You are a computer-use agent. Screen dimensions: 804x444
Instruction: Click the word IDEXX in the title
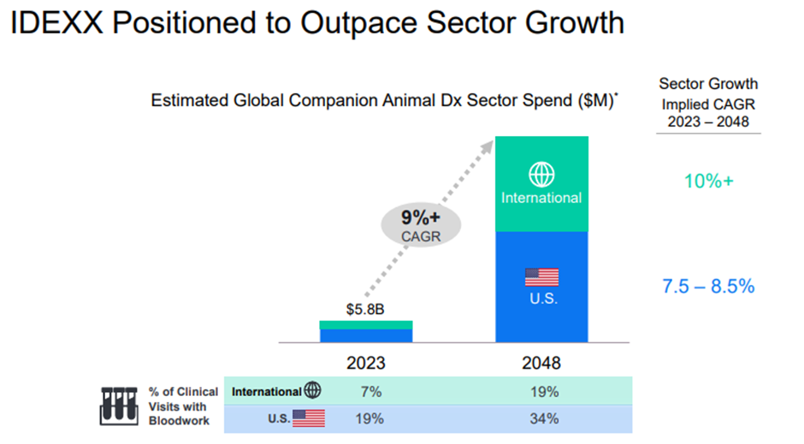click(56, 23)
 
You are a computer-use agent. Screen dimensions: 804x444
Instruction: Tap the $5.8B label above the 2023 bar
click(365, 309)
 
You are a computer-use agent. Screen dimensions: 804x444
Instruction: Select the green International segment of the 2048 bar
click(541, 184)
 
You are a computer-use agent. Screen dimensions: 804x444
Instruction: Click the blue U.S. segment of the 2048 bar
click(541, 287)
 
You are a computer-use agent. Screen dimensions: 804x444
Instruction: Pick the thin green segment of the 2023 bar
click(366, 325)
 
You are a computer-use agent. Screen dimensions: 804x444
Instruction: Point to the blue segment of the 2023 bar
click(366, 336)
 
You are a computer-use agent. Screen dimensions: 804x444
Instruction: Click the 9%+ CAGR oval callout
click(421, 225)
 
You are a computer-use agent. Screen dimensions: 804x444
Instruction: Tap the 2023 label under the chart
click(365, 363)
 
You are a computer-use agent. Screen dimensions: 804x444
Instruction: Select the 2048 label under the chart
click(541, 363)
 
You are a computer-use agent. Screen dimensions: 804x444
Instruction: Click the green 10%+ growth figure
click(708, 181)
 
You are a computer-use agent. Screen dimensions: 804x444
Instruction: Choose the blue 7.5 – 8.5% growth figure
click(708, 286)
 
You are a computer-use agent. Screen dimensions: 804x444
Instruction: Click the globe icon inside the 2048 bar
click(541, 175)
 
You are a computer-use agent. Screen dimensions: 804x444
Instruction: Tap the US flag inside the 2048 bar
click(541, 277)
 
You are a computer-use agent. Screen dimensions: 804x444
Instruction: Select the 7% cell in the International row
click(370, 392)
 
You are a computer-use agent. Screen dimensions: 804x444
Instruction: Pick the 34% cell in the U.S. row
click(544, 419)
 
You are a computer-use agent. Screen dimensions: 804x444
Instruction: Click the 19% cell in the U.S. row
click(369, 419)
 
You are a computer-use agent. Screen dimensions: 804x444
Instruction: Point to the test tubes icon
click(119, 406)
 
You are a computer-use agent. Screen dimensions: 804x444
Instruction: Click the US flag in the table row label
click(309, 418)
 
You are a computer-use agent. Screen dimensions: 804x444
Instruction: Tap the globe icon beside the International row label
click(312, 390)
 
